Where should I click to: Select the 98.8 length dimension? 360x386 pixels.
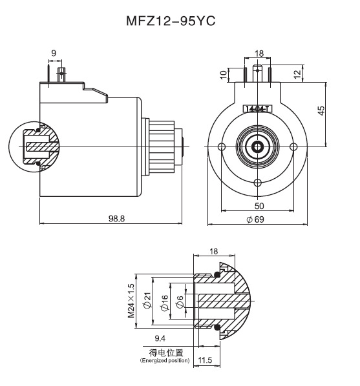[x=117, y=219]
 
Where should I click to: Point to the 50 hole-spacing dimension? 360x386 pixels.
[x=258, y=205]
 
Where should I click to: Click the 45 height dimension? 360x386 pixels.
[x=322, y=110]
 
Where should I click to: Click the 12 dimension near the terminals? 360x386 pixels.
[x=297, y=75]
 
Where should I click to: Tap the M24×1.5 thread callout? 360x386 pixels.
[x=131, y=300]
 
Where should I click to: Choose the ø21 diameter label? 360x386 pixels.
[x=147, y=300]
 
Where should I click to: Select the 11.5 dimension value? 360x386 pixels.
[x=206, y=360]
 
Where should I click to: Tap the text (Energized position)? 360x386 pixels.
[x=165, y=360]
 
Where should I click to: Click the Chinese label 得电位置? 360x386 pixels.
[x=166, y=352]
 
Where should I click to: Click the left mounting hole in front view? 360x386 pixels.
[x=222, y=147]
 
